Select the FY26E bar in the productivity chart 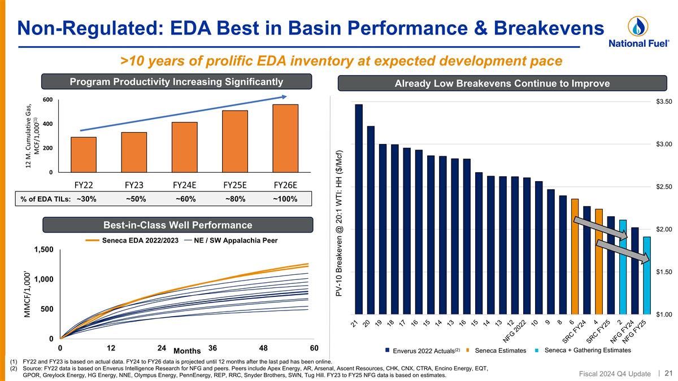[285, 138]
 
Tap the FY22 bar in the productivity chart [84, 155]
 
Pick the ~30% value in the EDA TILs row [86, 199]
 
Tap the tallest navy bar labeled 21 [359, 209]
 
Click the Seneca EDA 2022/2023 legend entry [135, 240]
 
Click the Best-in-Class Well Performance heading [179, 225]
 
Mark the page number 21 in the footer [668, 373]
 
